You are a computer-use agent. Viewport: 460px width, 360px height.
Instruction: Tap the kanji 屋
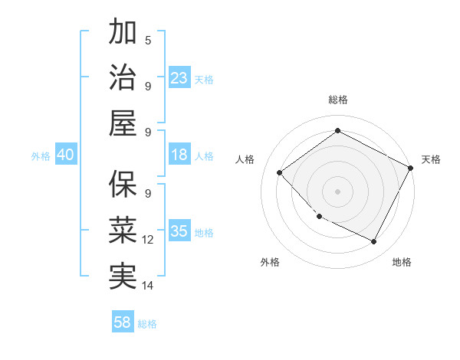coord(123,123)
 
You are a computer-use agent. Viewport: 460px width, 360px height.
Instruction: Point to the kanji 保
coord(123,184)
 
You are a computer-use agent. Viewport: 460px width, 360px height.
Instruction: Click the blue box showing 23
coord(179,78)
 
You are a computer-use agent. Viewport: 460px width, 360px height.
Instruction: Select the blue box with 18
coord(179,155)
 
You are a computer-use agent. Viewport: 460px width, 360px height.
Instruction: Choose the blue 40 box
coord(65,155)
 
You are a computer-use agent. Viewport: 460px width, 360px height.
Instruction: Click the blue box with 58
coord(123,322)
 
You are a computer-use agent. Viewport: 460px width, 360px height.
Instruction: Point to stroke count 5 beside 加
coord(148,40)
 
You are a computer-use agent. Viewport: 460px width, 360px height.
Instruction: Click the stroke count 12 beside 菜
coord(148,240)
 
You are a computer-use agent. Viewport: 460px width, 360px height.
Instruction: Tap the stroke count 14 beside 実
coord(148,286)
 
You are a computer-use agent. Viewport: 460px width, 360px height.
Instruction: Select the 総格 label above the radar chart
coord(337,100)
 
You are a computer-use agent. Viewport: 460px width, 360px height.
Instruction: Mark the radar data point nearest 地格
coord(374,242)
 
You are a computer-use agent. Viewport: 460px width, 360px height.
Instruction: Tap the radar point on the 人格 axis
coord(280,172)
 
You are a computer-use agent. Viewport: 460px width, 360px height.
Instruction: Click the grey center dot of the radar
coord(337,191)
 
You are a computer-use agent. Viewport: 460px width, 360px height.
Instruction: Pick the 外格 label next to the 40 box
coord(41,156)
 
